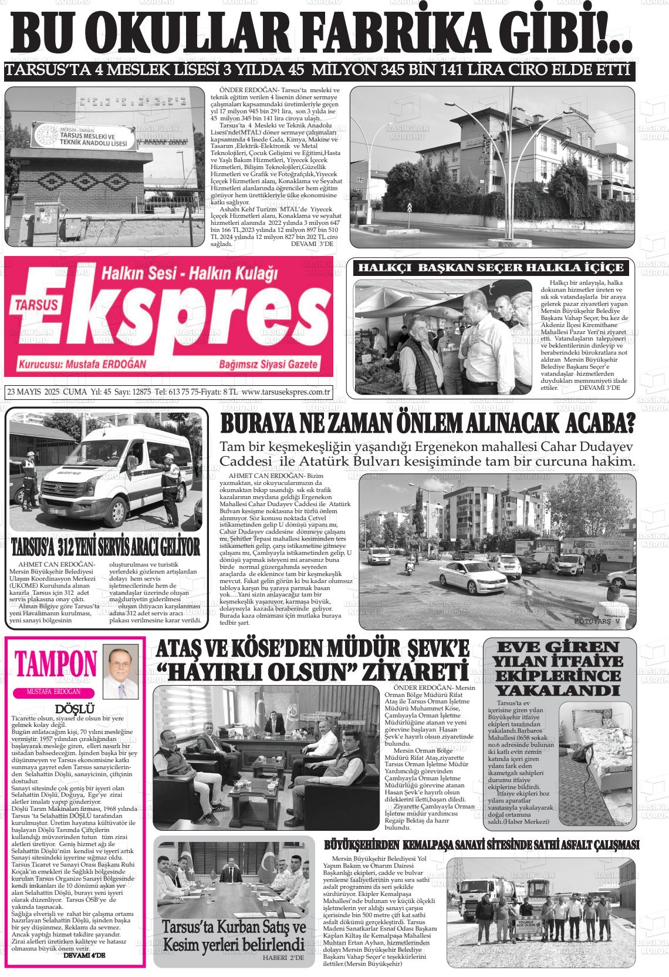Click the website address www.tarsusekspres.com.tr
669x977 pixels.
coord(286,392)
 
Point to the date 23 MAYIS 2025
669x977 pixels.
coord(35,392)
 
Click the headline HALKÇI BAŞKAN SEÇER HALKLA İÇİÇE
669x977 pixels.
coord(491,268)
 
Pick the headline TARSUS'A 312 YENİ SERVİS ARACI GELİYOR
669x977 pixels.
coord(106,546)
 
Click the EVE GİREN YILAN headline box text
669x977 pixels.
coord(558,669)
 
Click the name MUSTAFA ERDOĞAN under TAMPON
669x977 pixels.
coord(54,692)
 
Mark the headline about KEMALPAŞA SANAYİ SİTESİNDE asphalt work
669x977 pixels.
coord(481,845)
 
